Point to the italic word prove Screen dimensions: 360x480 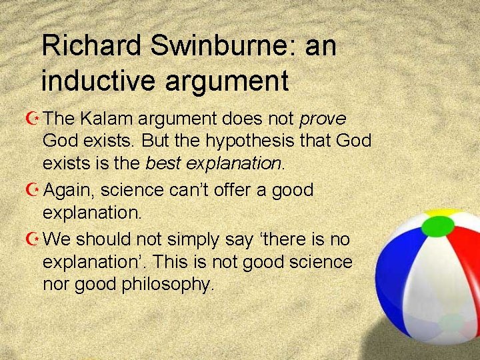(323, 119)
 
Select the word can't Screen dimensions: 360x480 (197, 190)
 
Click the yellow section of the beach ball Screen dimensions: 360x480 (440, 215)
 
